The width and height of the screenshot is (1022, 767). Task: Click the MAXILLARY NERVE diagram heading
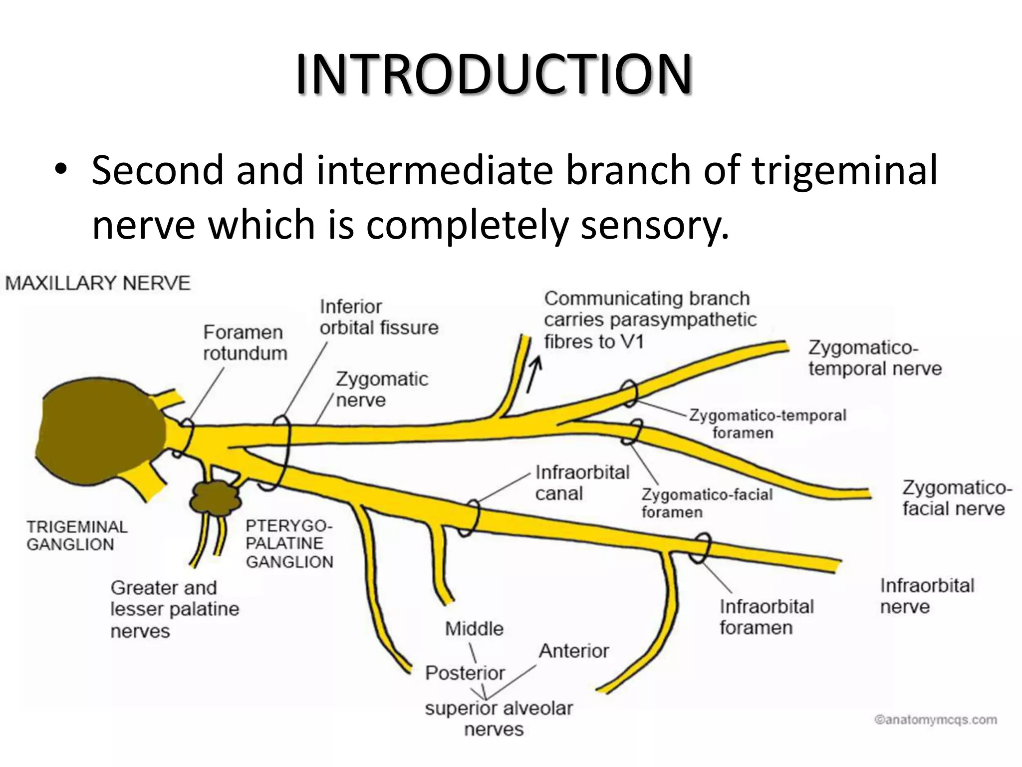click(98, 283)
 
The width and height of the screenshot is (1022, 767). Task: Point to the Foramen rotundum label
click(245, 343)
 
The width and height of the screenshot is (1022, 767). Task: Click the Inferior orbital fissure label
click(379, 317)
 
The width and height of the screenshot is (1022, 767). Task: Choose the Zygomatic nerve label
click(382, 389)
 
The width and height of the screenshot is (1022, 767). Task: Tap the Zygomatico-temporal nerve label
click(875, 358)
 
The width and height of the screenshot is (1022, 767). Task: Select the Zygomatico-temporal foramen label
click(767, 424)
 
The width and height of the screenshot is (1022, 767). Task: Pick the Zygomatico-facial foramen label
click(707, 503)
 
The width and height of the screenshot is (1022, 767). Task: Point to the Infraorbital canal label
click(582, 483)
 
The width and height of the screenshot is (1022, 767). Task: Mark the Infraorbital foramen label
click(766, 617)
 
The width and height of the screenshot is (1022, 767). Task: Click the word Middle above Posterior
click(474, 629)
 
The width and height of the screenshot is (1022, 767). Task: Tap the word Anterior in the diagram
click(574, 651)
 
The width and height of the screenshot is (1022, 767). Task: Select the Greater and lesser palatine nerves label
click(175, 609)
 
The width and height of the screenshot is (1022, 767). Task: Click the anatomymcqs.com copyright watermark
click(936, 720)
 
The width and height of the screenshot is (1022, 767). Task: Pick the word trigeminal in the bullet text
click(844, 171)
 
